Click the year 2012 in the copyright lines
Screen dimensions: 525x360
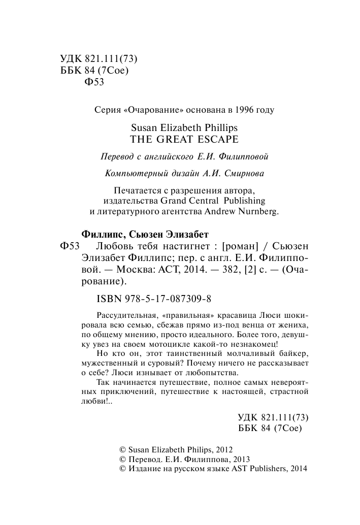[224, 450]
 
